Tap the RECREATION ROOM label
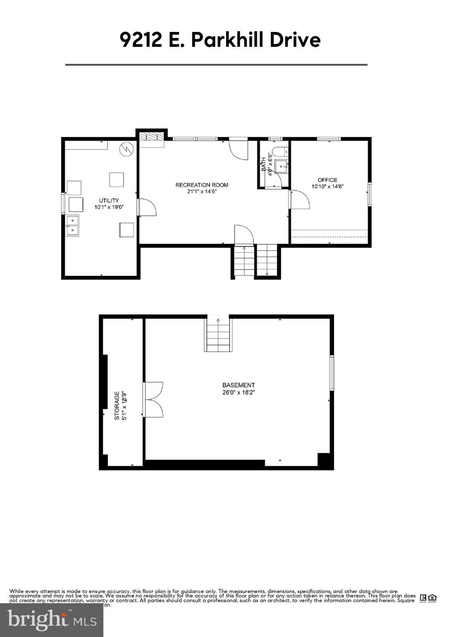[x=202, y=185]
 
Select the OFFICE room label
[x=327, y=180]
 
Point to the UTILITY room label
[x=109, y=201]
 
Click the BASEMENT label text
[x=239, y=385]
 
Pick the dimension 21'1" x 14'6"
[x=202, y=192]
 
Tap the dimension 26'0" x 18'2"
[x=239, y=392]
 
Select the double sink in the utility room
[x=73, y=225]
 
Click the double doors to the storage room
[x=153, y=400]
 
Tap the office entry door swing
[x=300, y=200]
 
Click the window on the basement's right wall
[x=331, y=373]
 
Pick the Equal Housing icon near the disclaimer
[x=432, y=598]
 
